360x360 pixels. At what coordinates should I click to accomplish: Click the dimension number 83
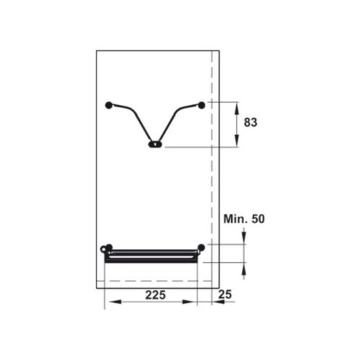tap(250, 123)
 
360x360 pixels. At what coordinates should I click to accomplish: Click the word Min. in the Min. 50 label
tap(235, 218)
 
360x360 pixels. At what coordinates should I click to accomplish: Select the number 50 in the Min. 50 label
tap(257, 218)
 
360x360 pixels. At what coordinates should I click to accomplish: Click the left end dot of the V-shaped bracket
tap(109, 105)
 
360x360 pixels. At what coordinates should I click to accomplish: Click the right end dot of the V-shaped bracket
tap(202, 105)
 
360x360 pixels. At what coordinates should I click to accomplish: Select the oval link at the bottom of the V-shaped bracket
tap(155, 144)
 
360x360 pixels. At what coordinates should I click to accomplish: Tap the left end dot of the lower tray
tap(109, 248)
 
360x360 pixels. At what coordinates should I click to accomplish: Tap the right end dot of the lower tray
tap(202, 248)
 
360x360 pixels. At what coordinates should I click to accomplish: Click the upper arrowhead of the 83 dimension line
tap(238, 106)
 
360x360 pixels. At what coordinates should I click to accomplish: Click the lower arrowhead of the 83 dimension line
tap(238, 144)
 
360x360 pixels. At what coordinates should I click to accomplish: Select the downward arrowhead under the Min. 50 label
tap(245, 240)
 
